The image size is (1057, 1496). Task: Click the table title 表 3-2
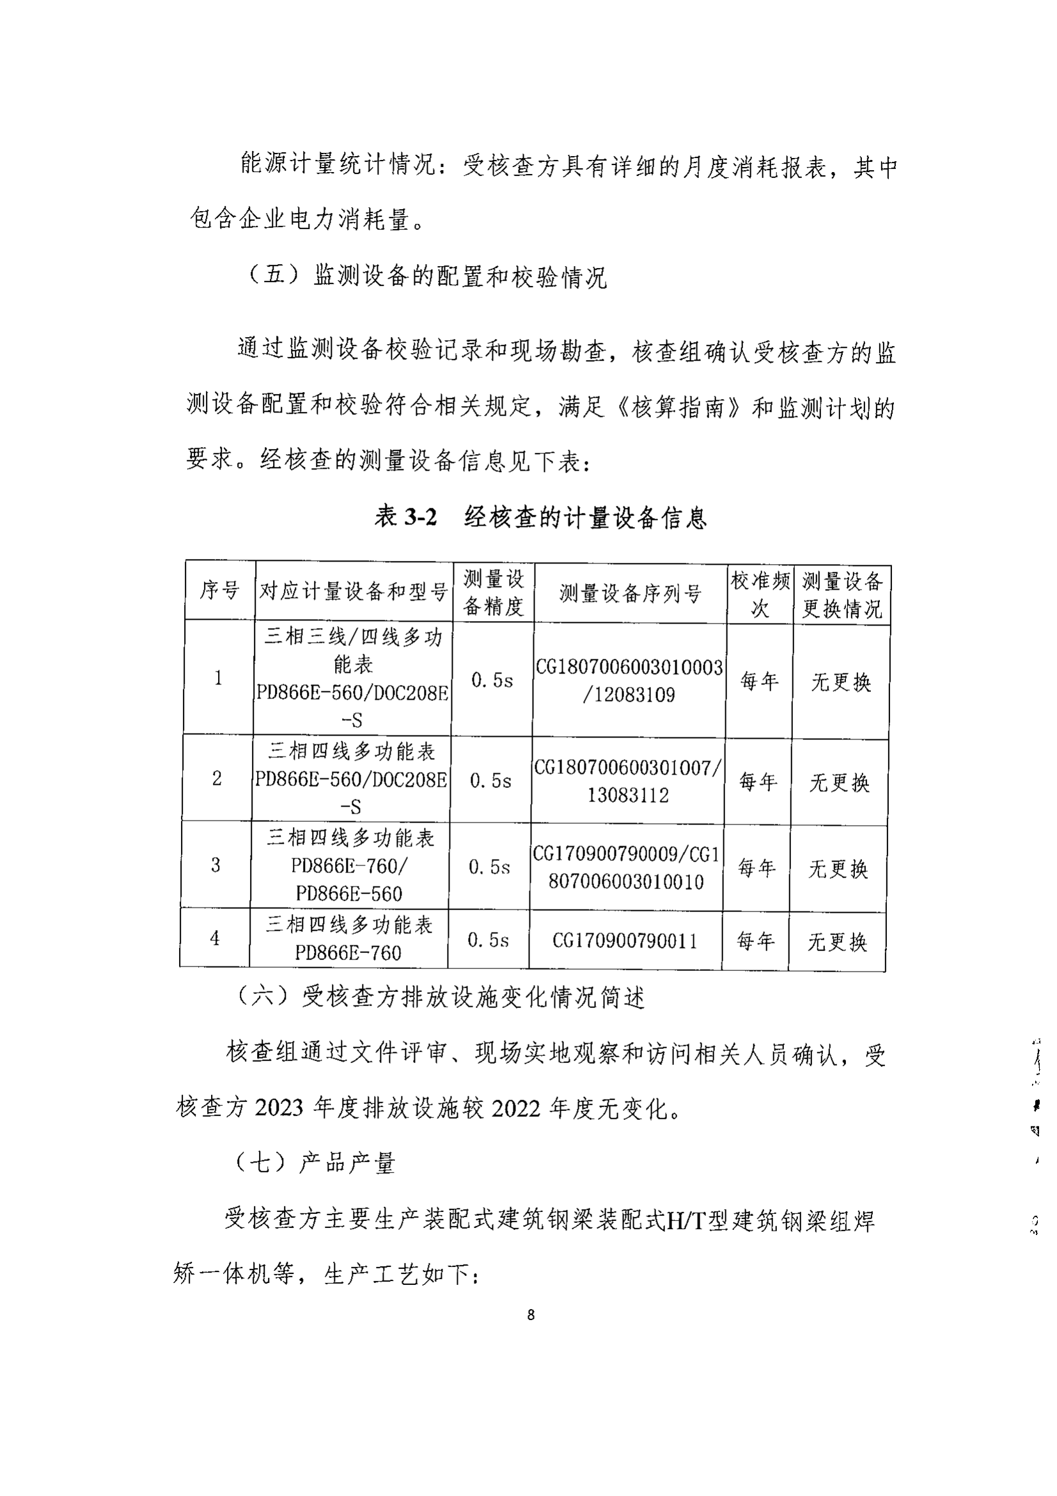[405, 517]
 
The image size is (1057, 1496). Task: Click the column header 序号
[219, 590]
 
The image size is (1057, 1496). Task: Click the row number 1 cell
[218, 678]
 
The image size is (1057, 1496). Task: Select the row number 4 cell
[214, 938]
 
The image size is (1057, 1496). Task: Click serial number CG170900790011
[625, 941]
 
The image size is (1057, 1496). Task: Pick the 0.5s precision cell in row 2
[490, 780]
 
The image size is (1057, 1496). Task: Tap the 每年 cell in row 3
[756, 868]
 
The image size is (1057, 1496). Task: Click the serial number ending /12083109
[629, 695]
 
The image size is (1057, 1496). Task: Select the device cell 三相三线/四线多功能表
[352, 677]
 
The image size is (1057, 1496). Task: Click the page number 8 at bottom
[531, 1315]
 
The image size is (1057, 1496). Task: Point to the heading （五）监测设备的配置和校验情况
[427, 276]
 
